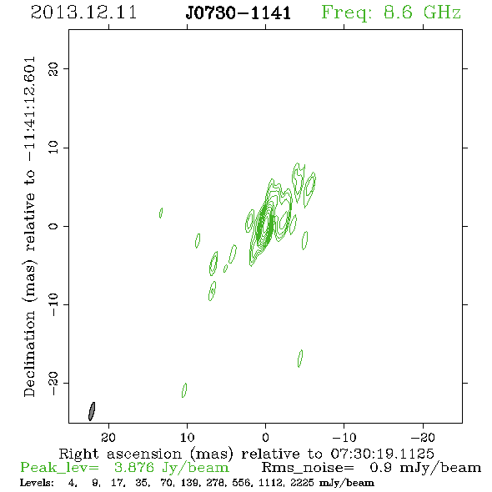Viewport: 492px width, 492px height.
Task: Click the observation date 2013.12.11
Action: point(83,13)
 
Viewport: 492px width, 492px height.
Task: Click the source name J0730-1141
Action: point(238,13)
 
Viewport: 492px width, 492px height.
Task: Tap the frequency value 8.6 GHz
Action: point(422,13)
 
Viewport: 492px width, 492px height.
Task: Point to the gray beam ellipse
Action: point(92,411)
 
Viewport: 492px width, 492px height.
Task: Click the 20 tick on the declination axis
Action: point(53,68)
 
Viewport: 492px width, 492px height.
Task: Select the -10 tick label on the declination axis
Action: point(53,304)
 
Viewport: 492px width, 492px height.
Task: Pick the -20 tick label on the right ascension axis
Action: point(423,437)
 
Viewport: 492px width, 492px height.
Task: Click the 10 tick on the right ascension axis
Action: point(188,437)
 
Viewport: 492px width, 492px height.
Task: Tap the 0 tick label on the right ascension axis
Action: point(265,437)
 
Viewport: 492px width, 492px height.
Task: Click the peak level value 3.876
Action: point(134,468)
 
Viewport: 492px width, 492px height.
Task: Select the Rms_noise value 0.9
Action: point(380,468)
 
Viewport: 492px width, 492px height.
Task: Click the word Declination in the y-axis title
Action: point(29,354)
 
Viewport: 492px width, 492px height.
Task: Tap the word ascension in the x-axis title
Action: point(144,454)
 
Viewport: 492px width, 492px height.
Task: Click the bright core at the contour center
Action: point(263,225)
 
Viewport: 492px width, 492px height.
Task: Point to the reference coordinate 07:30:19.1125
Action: point(383,454)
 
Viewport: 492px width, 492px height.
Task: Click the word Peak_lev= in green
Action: point(59,468)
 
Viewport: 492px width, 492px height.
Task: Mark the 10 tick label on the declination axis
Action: point(53,147)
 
